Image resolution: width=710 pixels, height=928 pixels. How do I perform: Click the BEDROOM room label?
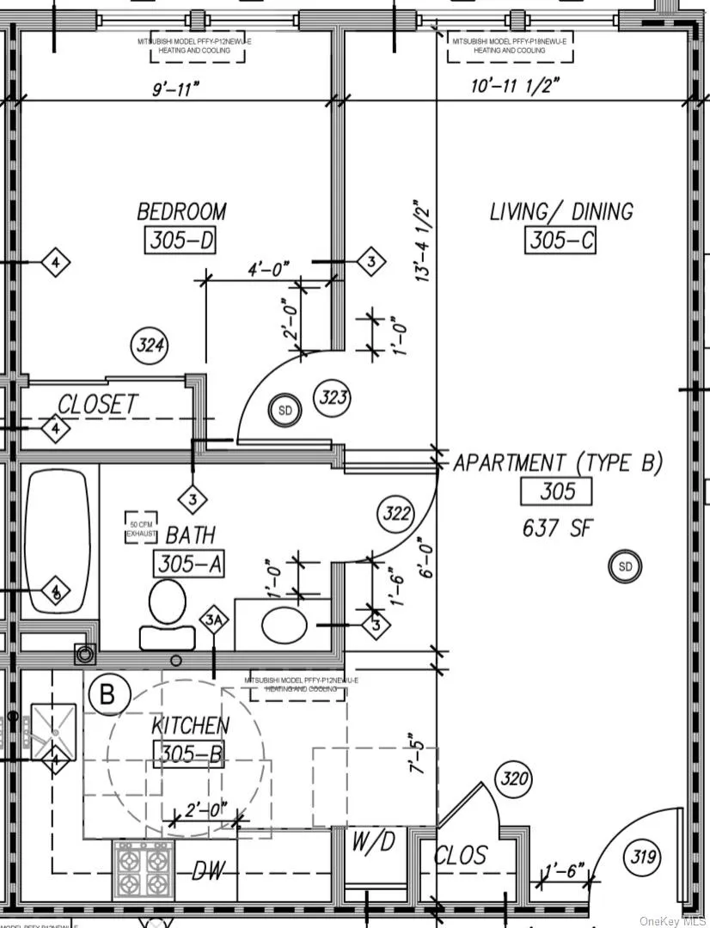click(x=181, y=211)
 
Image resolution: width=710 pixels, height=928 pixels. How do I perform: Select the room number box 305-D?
click(x=180, y=241)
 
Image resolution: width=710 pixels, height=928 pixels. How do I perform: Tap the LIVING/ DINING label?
click(x=561, y=211)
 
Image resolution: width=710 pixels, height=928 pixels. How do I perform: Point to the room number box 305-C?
click(x=560, y=241)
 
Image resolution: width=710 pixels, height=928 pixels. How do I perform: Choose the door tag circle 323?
click(x=334, y=397)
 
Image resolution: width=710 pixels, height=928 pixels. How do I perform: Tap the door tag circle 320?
click(x=514, y=780)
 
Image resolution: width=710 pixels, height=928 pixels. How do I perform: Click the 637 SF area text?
click(x=557, y=528)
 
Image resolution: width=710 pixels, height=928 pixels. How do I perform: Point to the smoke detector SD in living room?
click(x=625, y=566)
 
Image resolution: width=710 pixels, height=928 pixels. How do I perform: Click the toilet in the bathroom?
click(x=167, y=610)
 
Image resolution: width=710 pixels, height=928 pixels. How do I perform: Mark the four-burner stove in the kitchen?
click(x=142, y=869)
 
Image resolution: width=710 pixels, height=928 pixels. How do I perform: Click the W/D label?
click(x=373, y=842)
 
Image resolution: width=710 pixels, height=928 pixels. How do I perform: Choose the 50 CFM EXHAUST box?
click(x=143, y=528)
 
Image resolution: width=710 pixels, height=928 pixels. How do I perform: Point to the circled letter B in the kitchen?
click(x=107, y=693)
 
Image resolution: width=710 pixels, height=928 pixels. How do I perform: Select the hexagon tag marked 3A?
click(x=214, y=619)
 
